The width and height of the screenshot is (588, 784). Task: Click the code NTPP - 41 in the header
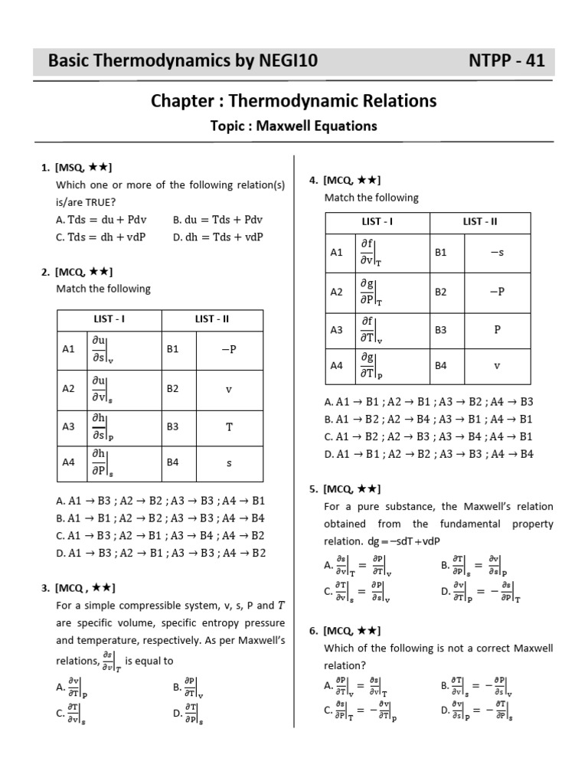[506, 61]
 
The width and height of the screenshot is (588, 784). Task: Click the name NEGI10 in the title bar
[279, 61]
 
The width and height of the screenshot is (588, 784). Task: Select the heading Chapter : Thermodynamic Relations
[293, 101]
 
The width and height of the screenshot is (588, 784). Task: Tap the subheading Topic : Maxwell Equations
[293, 126]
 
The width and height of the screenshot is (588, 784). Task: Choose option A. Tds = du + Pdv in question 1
[100, 219]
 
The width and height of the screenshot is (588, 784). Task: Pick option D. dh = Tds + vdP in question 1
[218, 237]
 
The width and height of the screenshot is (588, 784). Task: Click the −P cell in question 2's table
[228, 349]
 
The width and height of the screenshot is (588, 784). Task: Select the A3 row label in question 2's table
[69, 426]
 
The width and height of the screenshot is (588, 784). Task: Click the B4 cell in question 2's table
[173, 462]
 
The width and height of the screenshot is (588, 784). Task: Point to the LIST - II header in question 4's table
[480, 222]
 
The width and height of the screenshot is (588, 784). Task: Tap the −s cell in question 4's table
[496, 252]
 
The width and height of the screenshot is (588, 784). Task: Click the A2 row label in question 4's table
[337, 292]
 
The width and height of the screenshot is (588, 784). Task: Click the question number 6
[313, 631]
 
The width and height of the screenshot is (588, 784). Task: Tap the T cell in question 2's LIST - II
[228, 426]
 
